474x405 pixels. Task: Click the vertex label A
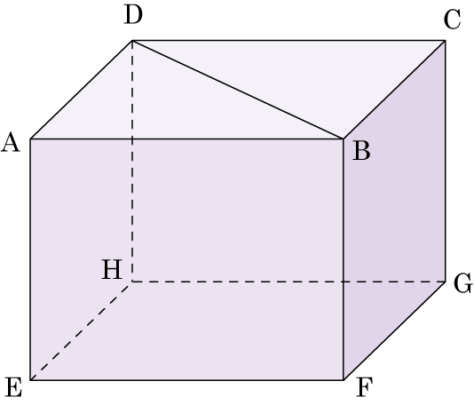(11, 142)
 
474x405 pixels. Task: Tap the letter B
(361, 151)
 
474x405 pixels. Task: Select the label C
(452, 20)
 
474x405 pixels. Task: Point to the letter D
(133, 15)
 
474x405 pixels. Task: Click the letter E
(14, 387)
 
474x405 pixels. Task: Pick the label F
(364, 387)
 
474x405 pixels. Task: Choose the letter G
(462, 283)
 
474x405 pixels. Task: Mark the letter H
(112, 269)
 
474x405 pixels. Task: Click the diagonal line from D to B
(238, 90)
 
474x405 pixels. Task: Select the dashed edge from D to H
(132, 161)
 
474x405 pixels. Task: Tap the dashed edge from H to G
(288, 282)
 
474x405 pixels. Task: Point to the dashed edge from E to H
(81, 331)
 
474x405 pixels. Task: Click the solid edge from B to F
(344, 259)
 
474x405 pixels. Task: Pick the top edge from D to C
(288, 40)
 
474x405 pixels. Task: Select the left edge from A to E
(30, 259)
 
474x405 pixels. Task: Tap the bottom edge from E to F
(186, 380)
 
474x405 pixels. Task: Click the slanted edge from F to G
(394, 331)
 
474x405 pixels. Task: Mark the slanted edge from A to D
(81, 90)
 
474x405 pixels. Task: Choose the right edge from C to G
(445, 161)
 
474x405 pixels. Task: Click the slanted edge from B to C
(394, 90)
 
